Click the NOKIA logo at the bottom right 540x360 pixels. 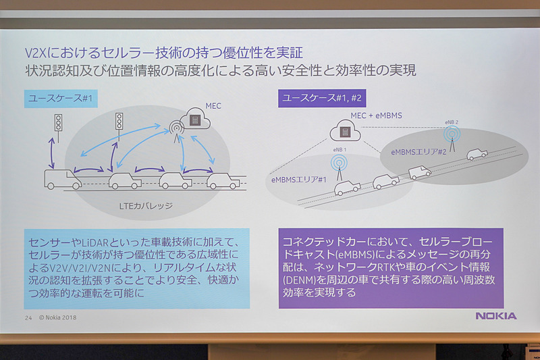tap(495, 315)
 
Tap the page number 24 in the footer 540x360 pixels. tap(28, 317)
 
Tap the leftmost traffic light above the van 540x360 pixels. tap(59, 123)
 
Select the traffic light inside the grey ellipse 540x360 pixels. tap(119, 122)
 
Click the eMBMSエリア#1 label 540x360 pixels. tap(300, 179)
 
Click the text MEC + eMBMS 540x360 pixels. tap(376, 115)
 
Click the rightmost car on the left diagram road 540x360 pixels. tap(223, 180)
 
